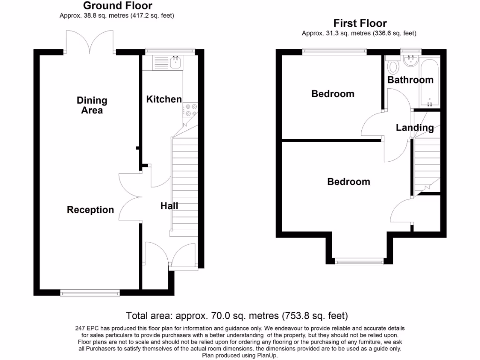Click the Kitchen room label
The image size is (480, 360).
click(x=164, y=99)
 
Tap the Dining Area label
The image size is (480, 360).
click(x=92, y=105)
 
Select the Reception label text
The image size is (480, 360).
click(x=90, y=210)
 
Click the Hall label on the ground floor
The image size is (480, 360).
click(x=169, y=206)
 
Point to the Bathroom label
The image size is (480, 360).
click(x=410, y=80)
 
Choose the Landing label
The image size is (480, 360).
click(x=414, y=127)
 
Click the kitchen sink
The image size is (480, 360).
click(x=177, y=62)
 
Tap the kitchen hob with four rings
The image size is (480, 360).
click(x=191, y=111)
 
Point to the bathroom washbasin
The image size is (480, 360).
click(x=411, y=60)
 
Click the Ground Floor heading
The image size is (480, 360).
click(x=118, y=6)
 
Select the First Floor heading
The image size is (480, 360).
click(x=360, y=22)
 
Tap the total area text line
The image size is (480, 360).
click(x=237, y=315)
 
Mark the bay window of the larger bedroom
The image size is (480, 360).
click(x=360, y=260)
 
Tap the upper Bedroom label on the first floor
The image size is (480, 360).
click(x=333, y=94)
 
